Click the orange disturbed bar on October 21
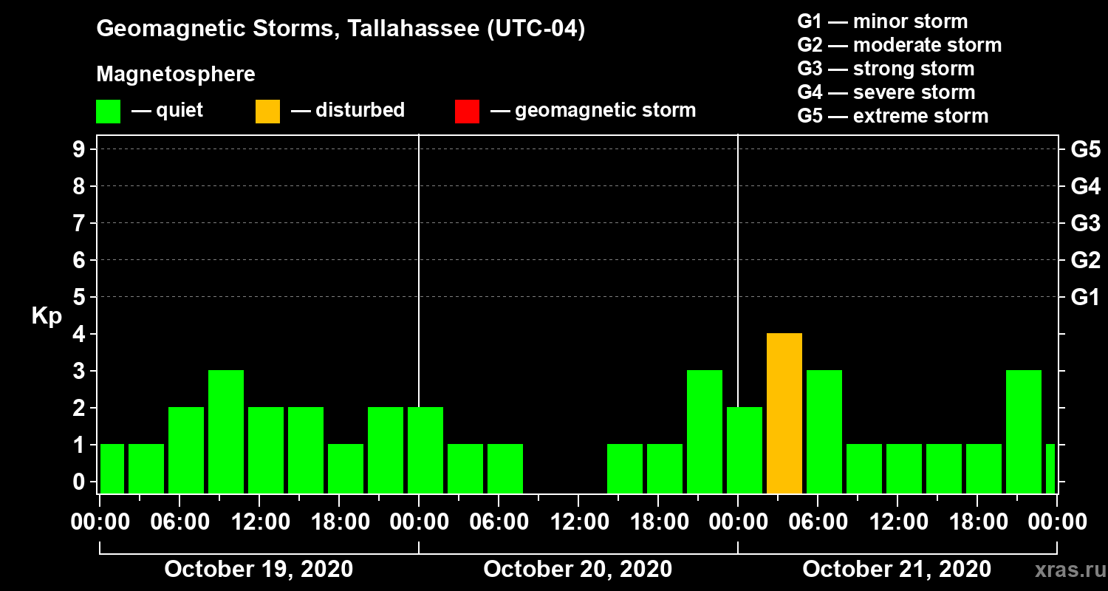[784, 414]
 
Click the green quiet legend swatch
[108, 112]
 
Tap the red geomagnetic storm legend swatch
[467, 112]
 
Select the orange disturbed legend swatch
[267, 112]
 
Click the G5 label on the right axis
[1085, 150]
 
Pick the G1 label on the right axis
[1085, 298]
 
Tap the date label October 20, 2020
[578, 570]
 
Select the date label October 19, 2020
[259, 570]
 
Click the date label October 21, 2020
[897, 570]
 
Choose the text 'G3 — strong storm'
[886, 69]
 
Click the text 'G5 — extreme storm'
[892, 116]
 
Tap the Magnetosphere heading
[176, 75]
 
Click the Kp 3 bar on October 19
[226, 432]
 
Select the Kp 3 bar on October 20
[705, 432]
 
